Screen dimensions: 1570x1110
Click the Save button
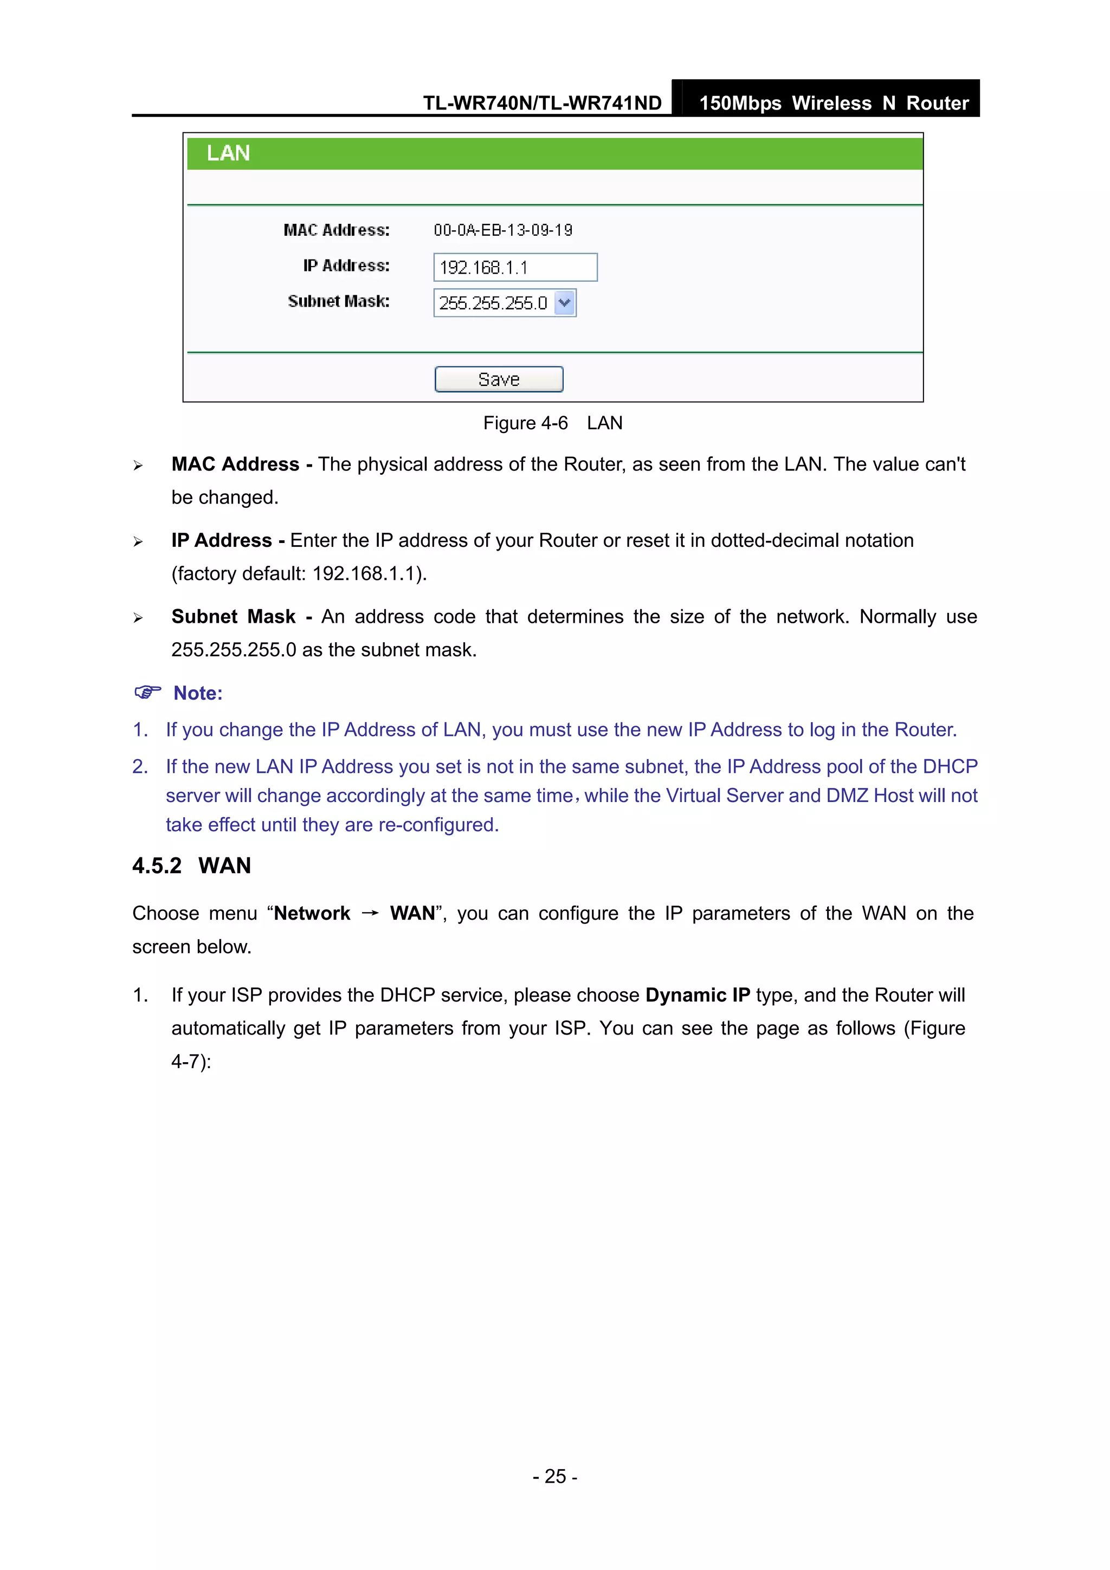coord(499,379)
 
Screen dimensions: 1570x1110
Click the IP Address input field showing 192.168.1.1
coord(514,267)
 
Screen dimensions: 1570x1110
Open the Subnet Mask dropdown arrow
coord(564,303)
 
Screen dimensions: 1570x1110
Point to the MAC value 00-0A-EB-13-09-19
coord(502,230)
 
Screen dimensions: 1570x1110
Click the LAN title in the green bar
coord(228,153)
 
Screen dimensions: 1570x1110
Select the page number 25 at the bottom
coord(554,1476)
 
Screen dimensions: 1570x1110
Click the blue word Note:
coord(198,693)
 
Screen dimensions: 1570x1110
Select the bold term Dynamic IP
coord(697,995)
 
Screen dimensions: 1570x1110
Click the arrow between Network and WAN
coord(370,914)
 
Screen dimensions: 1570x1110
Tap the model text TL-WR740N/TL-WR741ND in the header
coord(541,104)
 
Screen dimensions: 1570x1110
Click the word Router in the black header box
coord(937,104)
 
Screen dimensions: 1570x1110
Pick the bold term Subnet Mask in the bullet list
coord(233,617)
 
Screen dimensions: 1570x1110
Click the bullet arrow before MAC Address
coord(138,466)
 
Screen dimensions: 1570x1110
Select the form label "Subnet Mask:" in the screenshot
coord(339,301)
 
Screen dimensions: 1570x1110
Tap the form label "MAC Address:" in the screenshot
coord(337,230)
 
